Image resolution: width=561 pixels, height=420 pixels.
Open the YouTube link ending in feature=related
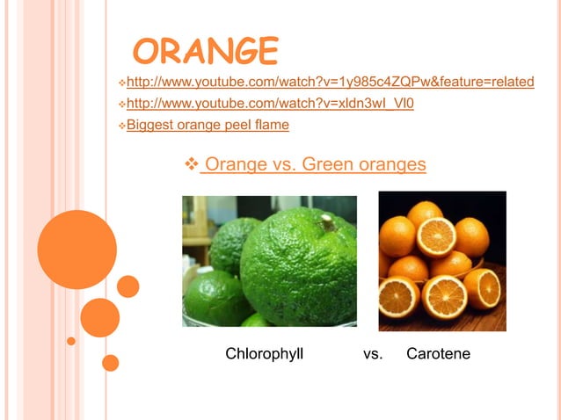pos(330,83)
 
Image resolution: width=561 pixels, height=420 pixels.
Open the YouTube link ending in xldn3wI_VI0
pos(270,105)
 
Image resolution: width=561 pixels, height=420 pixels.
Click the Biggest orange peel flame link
pos(208,126)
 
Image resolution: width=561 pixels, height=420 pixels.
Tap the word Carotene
pos(438,354)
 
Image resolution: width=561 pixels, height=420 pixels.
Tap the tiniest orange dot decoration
pos(71,340)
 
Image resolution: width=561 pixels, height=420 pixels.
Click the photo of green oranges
pos(269,261)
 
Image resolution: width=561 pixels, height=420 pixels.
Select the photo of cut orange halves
pos(441,261)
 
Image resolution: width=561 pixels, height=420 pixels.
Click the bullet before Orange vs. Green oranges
pos(192,164)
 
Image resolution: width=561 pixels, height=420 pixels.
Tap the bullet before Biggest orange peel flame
pos(121,126)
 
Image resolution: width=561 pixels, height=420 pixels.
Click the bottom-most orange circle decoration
pos(110,362)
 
